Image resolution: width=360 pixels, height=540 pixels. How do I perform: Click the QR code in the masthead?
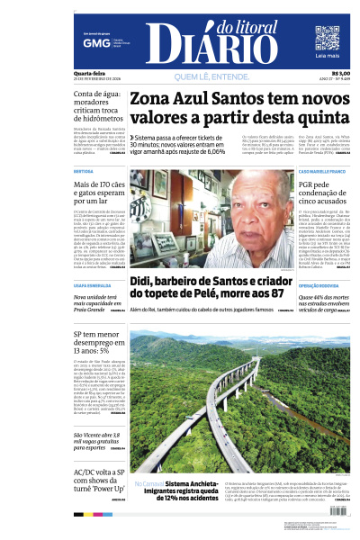coord(327,39)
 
